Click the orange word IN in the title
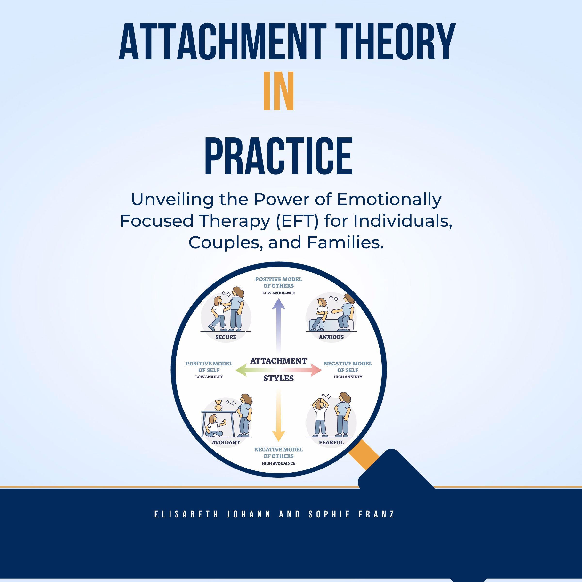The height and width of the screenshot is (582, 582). pyautogui.click(x=278, y=91)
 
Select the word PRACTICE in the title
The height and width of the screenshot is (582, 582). pyautogui.click(x=278, y=156)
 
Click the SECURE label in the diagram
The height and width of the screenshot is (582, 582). pyautogui.click(x=226, y=337)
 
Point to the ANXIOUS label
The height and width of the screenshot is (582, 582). pyautogui.click(x=331, y=337)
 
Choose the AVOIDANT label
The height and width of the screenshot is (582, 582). pyautogui.click(x=226, y=443)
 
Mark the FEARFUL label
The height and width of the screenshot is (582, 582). pyautogui.click(x=331, y=443)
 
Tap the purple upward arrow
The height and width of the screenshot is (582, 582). pyautogui.click(x=278, y=319)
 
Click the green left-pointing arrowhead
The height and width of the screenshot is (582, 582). pyautogui.click(x=241, y=370)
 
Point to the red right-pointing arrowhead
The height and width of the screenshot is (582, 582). pyautogui.click(x=316, y=370)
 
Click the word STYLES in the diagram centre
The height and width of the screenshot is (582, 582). pyautogui.click(x=278, y=379)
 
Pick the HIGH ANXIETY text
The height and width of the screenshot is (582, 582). pyautogui.click(x=348, y=377)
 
